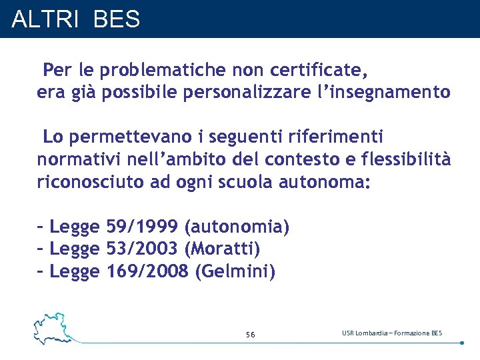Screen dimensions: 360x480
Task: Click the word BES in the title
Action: (117, 19)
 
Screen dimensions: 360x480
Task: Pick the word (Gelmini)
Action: (235, 271)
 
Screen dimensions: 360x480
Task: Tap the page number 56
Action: (250, 334)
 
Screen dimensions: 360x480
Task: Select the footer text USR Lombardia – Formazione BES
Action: (392, 333)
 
